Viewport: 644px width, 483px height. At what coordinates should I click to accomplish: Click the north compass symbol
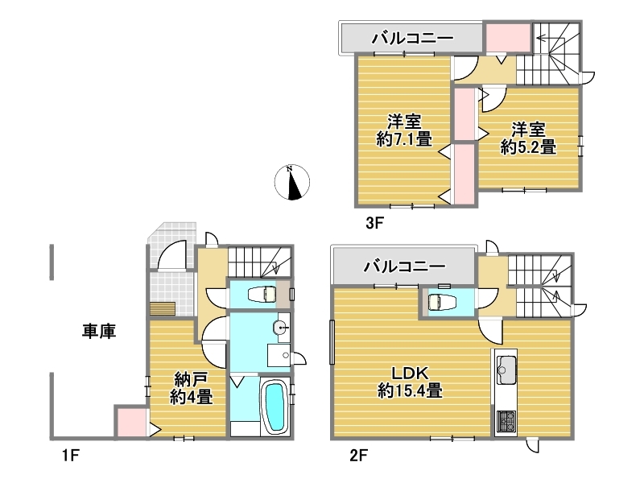point(291,182)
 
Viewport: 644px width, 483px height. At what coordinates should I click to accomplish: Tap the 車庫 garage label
point(99,331)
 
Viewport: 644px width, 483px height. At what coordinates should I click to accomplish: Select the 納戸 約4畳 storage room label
point(191,388)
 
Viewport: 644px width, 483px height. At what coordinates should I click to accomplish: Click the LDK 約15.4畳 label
point(410,382)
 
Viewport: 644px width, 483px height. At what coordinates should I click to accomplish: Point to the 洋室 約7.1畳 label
point(404,130)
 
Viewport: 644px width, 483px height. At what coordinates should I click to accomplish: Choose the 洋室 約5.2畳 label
point(528,138)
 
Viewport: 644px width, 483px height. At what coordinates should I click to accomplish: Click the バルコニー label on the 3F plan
point(413,38)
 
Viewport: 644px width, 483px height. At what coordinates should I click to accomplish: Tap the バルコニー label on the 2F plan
point(405,266)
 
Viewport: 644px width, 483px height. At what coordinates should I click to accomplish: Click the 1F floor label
point(71,455)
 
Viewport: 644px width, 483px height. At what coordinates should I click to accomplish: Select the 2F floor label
point(358,455)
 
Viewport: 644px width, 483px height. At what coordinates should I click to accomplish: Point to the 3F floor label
point(374,223)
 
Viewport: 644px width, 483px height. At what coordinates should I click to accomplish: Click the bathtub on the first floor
point(275,407)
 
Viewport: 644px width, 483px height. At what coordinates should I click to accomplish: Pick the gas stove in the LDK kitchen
point(506,421)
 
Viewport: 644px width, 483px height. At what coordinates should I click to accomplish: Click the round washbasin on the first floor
point(281,328)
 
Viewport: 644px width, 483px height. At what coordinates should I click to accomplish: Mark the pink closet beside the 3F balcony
point(508,38)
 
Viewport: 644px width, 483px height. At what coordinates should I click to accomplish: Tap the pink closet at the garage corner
point(131,421)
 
